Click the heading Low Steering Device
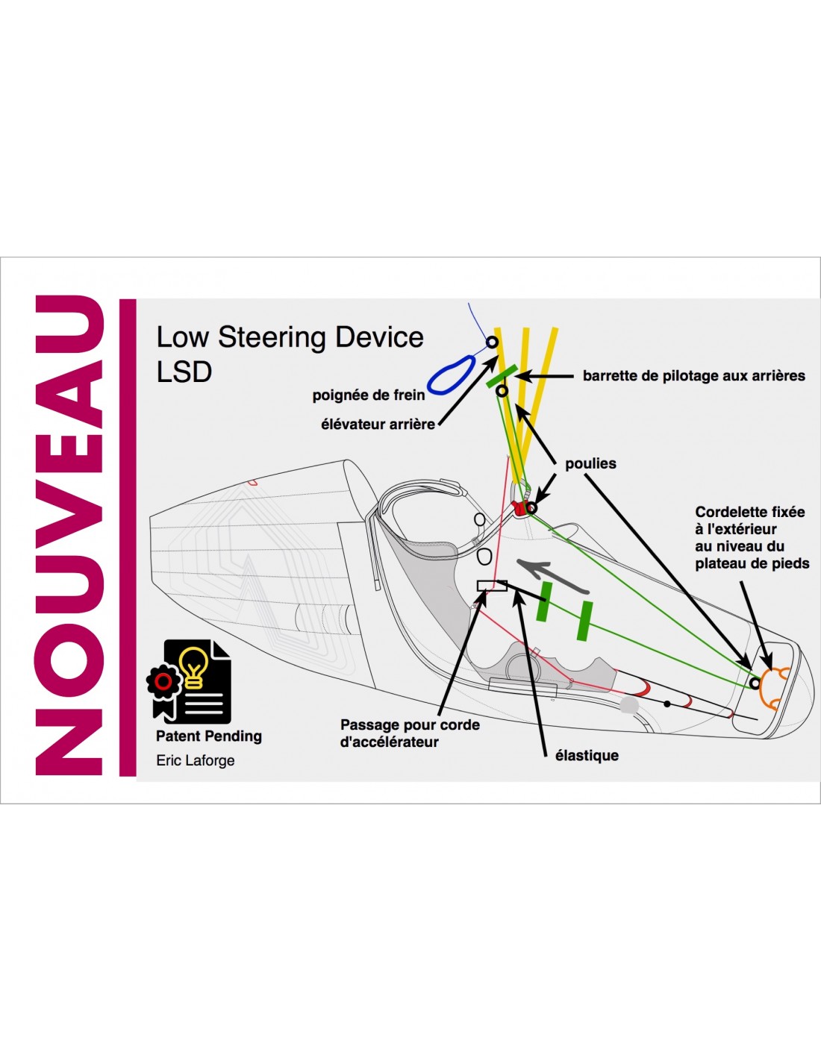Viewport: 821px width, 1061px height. (290, 337)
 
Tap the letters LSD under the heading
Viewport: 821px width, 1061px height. (184, 372)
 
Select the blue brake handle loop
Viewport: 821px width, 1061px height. (450, 375)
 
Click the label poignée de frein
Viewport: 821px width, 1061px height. (368, 395)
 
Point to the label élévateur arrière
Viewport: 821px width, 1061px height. (378, 424)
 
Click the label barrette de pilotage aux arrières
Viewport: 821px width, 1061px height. (693, 375)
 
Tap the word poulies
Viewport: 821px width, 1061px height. (590, 463)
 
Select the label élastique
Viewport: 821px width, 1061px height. (587, 755)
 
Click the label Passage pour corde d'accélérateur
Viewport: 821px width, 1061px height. (410, 733)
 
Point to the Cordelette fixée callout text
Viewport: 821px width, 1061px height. (752, 537)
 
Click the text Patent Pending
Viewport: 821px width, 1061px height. (209, 736)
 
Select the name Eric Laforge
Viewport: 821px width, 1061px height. (196, 760)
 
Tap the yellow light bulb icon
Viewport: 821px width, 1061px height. (194, 666)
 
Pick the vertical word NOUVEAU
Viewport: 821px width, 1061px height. (69, 535)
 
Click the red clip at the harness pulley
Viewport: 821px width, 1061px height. (519, 509)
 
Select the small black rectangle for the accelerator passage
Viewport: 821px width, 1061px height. (492, 585)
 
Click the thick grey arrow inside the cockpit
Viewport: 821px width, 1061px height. (543, 569)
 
